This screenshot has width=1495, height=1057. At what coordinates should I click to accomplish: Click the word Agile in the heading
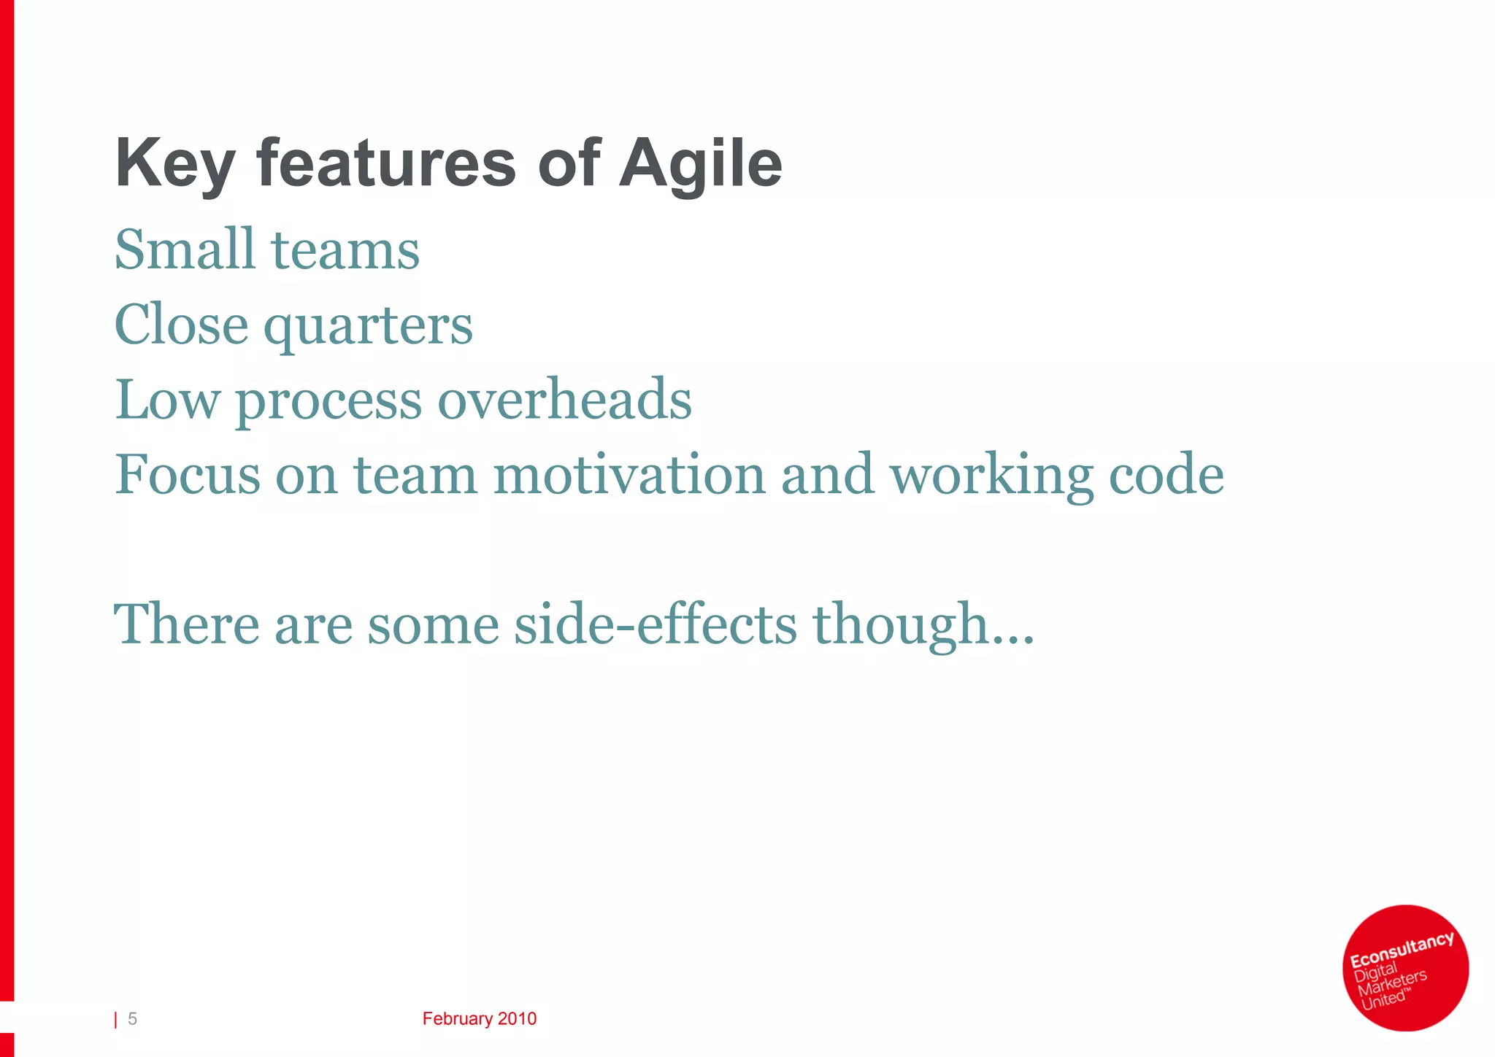click(700, 164)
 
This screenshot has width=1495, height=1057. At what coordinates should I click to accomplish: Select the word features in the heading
click(386, 164)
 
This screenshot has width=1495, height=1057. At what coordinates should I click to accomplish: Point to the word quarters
click(368, 326)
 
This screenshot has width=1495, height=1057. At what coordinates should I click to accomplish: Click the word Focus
click(187, 475)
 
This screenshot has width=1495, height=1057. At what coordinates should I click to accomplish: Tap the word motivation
click(629, 475)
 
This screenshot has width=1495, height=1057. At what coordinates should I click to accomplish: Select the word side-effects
click(655, 624)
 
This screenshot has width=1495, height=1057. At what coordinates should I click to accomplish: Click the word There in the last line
click(187, 624)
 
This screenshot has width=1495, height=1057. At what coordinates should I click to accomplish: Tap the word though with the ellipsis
click(923, 626)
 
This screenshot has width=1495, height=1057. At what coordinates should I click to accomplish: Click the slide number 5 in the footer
click(132, 1019)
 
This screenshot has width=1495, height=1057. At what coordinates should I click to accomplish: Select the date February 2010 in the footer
click(479, 1019)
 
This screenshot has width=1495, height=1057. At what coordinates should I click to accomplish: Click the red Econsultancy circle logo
click(1405, 968)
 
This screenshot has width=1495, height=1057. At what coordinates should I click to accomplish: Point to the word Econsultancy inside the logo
click(1401, 949)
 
